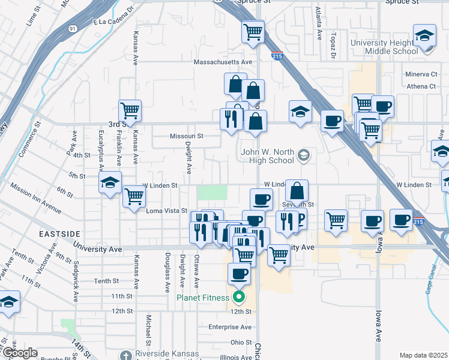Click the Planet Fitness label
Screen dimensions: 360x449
click(x=202, y=298)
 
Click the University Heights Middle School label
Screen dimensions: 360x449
click(x=384, y=47)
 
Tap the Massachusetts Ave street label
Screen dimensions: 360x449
click(x=223, y=62)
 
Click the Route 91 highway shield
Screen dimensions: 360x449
click(x=73, y=28)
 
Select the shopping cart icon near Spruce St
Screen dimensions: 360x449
click(x=253, y=31)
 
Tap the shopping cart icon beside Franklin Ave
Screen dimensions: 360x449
click(x=130, y=110)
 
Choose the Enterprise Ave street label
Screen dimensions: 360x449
click(x=230, y=327)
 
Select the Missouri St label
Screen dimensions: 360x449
click(x=187, y=136)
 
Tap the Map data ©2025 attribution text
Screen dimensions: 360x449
click(x=423, y=355)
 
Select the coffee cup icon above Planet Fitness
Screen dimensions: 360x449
click(x=239, y=274)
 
